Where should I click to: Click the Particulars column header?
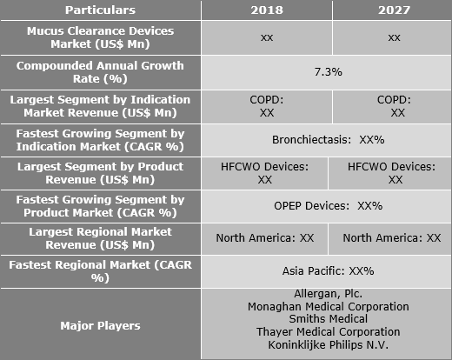click(100, 10)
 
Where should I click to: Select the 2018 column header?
click(267, 10)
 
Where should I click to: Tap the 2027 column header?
click(394, 10)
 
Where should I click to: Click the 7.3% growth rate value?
click(329, 72)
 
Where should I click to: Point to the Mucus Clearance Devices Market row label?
click(100, 37)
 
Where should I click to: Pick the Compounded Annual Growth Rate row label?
click(100, 72)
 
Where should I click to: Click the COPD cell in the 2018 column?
click(267, 106)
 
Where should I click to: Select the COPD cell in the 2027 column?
click(394, 106)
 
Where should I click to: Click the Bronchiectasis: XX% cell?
click(329, 140)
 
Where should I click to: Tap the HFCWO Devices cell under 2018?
click(265, 173)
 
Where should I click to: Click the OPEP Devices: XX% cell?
click(329, 206)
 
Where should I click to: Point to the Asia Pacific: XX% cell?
click(329, 271)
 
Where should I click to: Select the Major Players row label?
click(100, 326)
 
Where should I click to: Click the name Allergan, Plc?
click(329, 294)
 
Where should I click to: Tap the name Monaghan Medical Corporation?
click(329, 307)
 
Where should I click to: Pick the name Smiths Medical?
click(329, 319)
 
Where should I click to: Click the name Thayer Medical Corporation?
click(329, 332)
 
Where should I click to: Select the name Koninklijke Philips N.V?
click(329, 345)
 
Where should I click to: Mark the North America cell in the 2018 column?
click(265, 238)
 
